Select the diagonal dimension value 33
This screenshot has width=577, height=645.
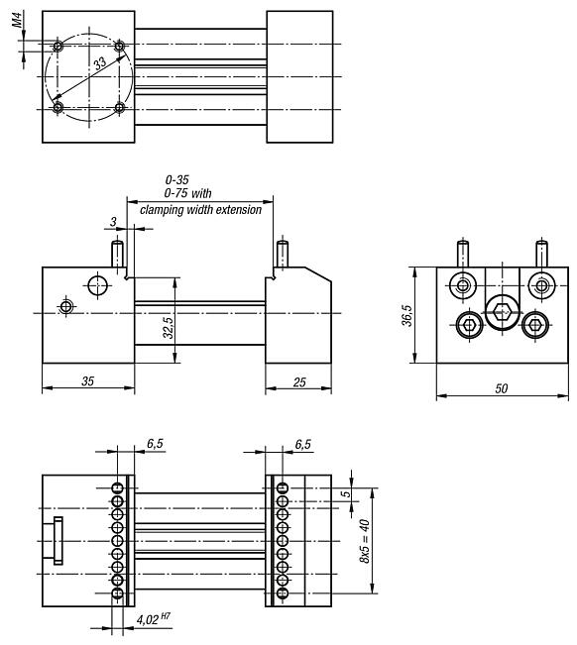pyautogui.click(x=98, y=64)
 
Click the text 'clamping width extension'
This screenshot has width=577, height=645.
pyautogui.click(x=201, y=209)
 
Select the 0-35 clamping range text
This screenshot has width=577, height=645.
pyautogui.click(x=177, y=180)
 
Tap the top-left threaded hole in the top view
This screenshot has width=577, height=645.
pyautogui.click(x=58, y=47)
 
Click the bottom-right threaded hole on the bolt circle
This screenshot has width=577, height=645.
pyautogui.click(x=120, y=107)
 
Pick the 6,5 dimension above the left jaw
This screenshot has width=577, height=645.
pyautogui.click(x=154, y=446)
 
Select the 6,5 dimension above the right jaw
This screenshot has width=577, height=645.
pyautogui.click(x=304, y=446)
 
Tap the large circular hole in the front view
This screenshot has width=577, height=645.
pyautogui.click(x=97, y=285)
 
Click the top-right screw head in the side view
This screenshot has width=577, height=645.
pyautogui.click(x=540, y=285)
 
